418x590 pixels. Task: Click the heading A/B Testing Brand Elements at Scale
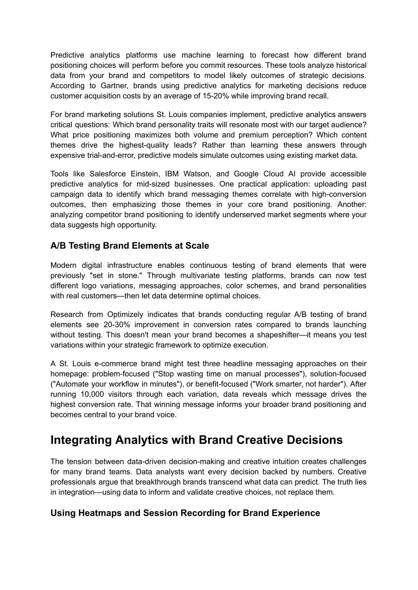tap(129, 246)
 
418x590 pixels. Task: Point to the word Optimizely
tap(125, 314)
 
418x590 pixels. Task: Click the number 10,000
tap(89, 394)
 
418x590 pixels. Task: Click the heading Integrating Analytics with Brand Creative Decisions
tap(196, 440)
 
